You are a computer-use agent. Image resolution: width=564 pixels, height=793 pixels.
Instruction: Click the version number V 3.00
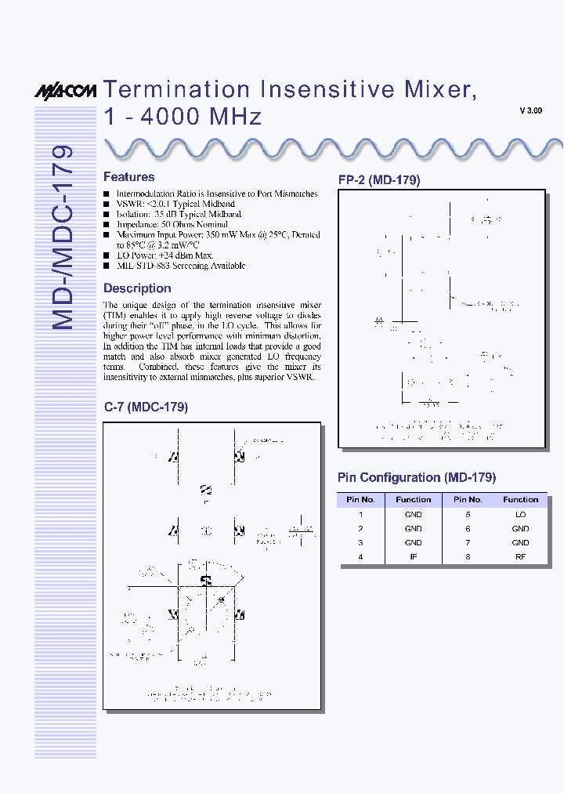click(530, 111)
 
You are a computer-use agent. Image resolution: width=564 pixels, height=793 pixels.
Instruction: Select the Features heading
click(128, 177)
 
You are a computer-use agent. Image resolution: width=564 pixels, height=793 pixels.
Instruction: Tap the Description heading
click(137, 288)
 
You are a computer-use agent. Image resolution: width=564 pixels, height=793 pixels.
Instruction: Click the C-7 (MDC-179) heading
click(146, 407)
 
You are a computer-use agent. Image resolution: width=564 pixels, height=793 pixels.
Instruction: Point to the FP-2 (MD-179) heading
click(379, 180)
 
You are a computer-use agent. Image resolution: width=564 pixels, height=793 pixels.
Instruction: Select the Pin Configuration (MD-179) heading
click(417, 477)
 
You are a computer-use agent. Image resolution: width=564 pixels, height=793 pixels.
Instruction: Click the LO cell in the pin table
click(520, 515)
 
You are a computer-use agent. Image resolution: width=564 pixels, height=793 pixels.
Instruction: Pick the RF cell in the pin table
click(520, 556)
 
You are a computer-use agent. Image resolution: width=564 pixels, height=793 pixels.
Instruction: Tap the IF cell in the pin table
click(413, 556)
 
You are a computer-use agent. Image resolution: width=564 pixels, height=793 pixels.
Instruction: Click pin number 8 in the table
click(467, 556)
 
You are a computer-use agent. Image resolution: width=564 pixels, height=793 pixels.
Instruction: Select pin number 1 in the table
click(360, 515)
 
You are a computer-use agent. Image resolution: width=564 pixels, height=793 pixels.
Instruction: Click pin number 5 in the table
click(467, 515)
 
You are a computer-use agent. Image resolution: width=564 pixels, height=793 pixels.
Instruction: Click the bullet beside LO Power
click(107, 255)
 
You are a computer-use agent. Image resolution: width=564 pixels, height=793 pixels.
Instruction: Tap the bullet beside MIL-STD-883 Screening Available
click(107, 266)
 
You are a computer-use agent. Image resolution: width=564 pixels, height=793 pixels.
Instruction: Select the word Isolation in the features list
click(133, 214)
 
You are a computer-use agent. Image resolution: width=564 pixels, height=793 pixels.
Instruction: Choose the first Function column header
click(413, 499)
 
